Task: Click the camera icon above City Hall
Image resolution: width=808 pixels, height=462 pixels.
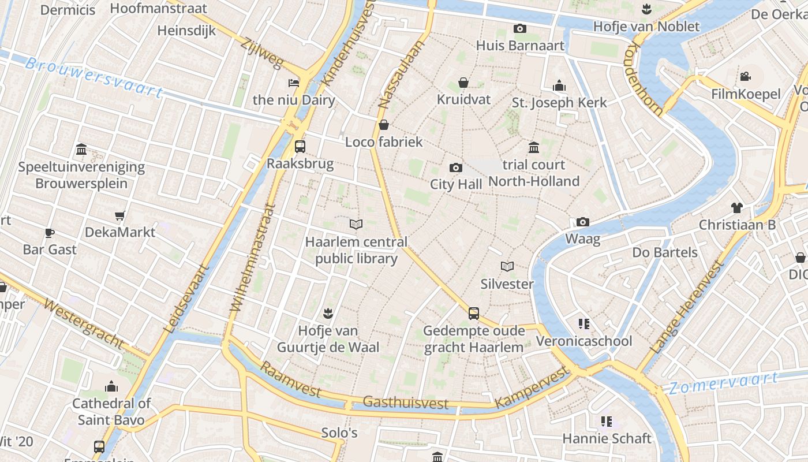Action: [x=455, y=168]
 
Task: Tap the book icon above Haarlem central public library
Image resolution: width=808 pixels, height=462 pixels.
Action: [x=356, y=224]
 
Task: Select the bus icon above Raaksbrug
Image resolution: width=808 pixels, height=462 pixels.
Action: [x=300, y=146]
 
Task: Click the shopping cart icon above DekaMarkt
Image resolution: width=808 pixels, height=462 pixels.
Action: [x=119, y=215]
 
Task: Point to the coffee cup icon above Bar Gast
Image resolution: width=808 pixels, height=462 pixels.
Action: [x=50, y=233]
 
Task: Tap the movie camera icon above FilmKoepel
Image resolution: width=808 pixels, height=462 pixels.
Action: [x=745, y=77]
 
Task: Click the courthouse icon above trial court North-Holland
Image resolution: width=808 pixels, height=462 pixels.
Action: [x=533, y=148]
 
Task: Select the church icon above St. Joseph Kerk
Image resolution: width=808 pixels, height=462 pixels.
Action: [x=559, y=86]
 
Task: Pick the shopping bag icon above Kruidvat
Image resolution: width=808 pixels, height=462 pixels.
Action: [x=463, y=83]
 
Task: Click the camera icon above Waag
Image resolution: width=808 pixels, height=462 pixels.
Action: [x=582, y=222]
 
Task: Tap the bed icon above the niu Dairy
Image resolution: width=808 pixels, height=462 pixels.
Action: [x=294, y=83]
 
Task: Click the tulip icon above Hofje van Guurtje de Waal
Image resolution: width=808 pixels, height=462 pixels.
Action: [x=328, y=314]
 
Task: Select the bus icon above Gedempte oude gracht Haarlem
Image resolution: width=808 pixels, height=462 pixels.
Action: [x=473, y=314]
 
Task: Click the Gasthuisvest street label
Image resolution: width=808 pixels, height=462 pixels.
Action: [x=405, y=403]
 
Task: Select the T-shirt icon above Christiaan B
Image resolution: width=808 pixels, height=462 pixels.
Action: [x=736, y=208]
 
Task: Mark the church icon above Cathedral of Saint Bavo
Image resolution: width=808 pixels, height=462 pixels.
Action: [x=111, y=386]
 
